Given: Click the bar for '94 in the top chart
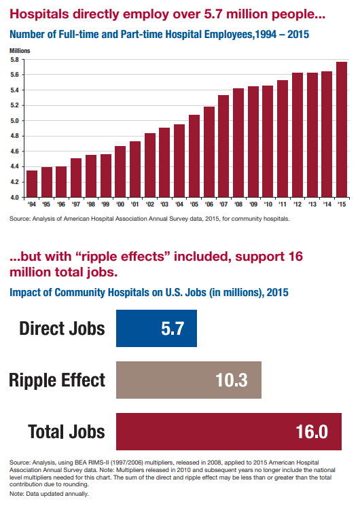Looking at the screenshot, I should coord(32,184).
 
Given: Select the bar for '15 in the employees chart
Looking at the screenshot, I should coord(342,130).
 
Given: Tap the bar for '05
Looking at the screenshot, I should coord(194,156).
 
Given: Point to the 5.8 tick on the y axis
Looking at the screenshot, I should coord(16,60).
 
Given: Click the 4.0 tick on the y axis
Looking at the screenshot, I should coord(16,198).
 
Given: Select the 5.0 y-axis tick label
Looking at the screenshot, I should coord(16,121).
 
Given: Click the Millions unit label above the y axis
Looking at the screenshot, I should coord(20,51).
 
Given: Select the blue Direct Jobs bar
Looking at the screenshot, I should coord(157,329).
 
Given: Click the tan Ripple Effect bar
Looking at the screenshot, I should coord(189,380).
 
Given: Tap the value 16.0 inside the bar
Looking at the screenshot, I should coord(312,431).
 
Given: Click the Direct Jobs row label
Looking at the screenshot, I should coord(62,329).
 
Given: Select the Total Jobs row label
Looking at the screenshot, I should coord(67,431).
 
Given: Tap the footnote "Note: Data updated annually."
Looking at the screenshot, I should coord(49,494).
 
